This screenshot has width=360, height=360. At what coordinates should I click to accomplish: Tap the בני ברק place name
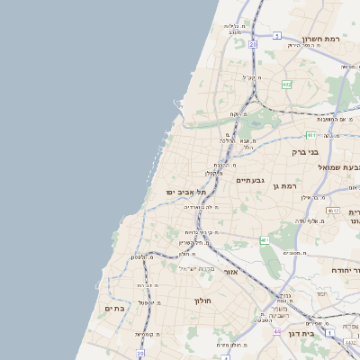click(307, 152)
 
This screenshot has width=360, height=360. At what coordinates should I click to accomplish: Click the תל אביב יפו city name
click(186, 193)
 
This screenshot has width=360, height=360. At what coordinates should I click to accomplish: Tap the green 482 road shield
click(286, 85)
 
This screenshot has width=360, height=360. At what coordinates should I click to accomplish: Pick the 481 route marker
click(310, 135)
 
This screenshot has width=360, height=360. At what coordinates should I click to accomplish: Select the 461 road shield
click(265, 240)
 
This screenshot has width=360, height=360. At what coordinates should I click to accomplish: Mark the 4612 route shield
click(333, 211)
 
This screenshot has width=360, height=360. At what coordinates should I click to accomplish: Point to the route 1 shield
click(330, 333)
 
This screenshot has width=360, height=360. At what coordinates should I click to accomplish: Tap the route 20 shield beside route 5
click(253, 42)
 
